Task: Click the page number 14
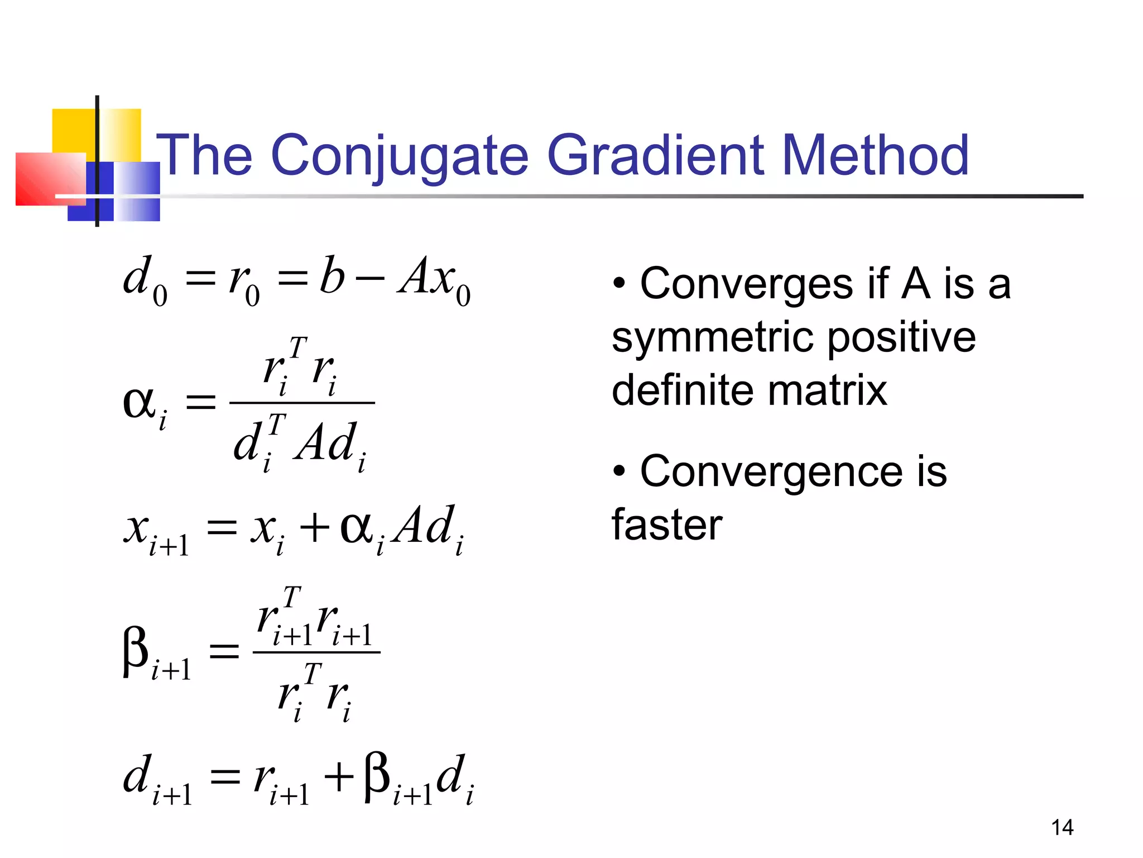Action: pyautogui.click(x=1062, y=827)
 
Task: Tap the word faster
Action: pyautogui.click(x=667, y=525)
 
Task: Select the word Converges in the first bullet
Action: pyautogui.click(x=746, y=284)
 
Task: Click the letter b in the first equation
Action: pyautogui.click(x=332, y=275)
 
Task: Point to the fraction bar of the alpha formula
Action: pyautogui.click(x=302, y=403)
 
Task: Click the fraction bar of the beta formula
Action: pyautogui.click(x=316, y=652)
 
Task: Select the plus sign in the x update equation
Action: pyautogui.click(x=315, y=528)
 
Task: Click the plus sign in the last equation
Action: pyautogui.click(x=339, y=778)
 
